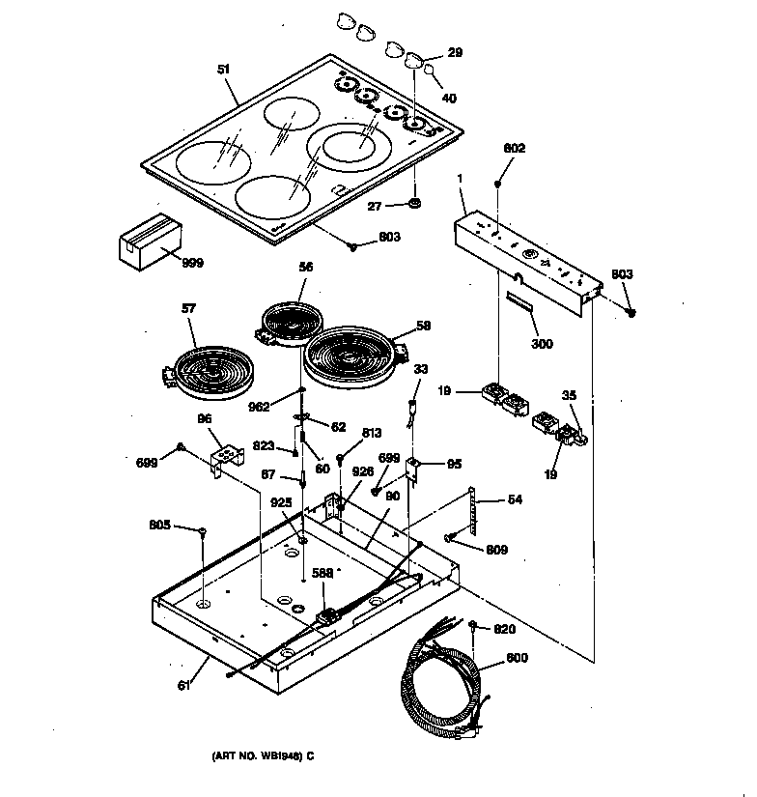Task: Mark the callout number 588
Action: pyautogui.click(x=323, y=573)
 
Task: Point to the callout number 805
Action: pyautogui.click(x=160, y=526)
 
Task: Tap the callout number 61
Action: pyautogui.click(x=184, y=686)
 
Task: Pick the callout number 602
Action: pyautogui.click(x=515, y=148)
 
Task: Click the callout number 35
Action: pyautogui.click(x=570, y=395)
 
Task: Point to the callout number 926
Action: pyautogui.click(x=363, y=472)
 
